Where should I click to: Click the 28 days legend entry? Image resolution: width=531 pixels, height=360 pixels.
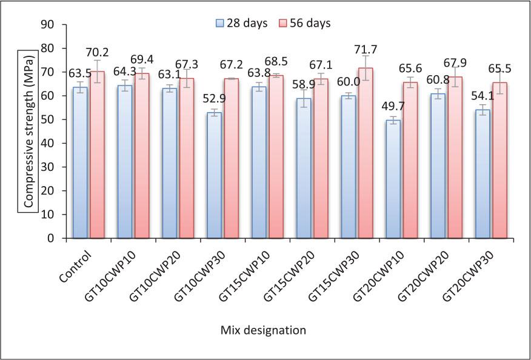(239, 23)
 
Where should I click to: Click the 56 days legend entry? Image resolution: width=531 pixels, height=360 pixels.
(304, 23)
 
